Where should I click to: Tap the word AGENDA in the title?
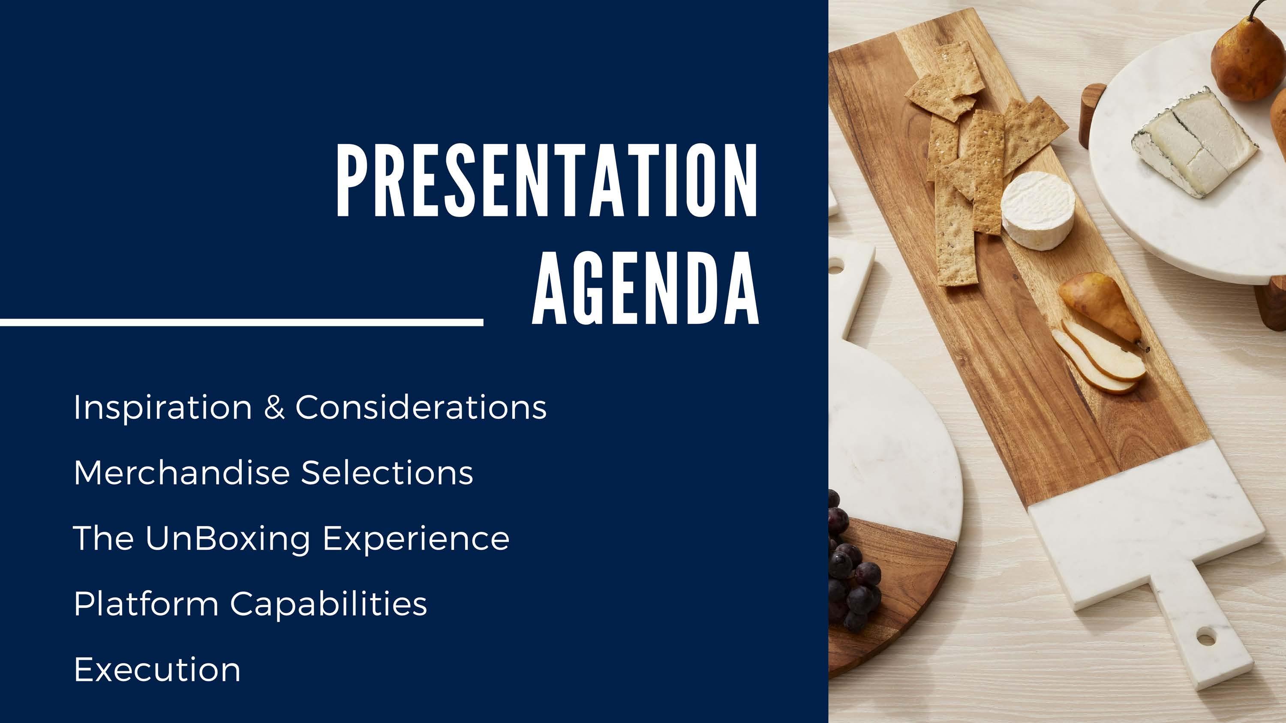pyautogui.click(x=646, y=288)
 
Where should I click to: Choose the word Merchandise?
pyautogui.click(x=182, y=472)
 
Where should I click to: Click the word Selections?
pyautogui.click(x=388, y=472)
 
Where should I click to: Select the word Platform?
pyautogui.click(x=146, y=604)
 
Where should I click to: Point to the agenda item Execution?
pyautogui.click(x=157, y=669)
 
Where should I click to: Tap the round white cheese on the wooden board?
pyautogui.click(x=1038, y=209)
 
